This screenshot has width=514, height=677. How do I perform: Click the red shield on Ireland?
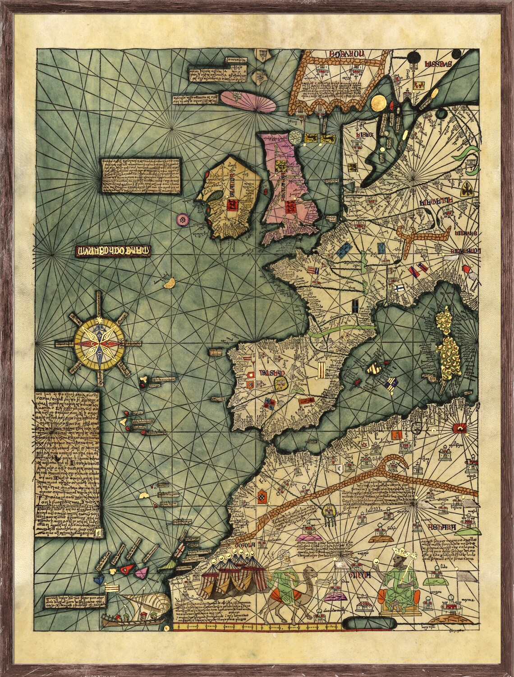pos(234,205)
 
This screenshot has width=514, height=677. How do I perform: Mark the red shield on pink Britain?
pos(289,208)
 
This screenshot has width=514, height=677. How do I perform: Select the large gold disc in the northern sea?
pos(377,102)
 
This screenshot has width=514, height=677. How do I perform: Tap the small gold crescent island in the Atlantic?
pos(170,283)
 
